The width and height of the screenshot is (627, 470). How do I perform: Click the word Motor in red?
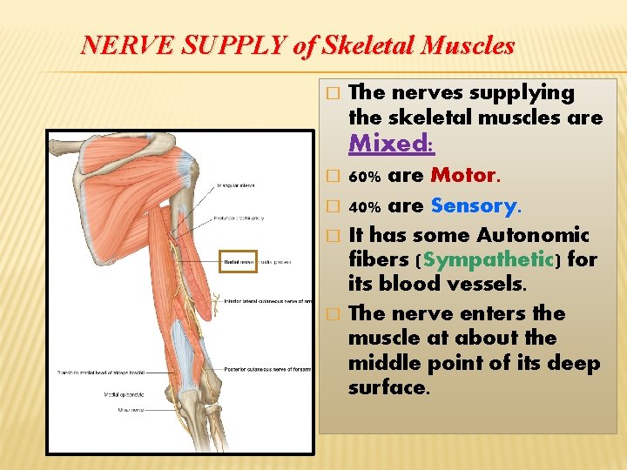click(463, 176)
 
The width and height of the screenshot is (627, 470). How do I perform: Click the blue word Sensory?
click(474, 206)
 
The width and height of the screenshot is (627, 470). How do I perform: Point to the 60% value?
click(364, 178)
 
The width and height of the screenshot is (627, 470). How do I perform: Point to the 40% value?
click(364, 208)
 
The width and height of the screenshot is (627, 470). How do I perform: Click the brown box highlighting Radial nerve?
click(237, 260)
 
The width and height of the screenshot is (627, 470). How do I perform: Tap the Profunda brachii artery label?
click(239, 218)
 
